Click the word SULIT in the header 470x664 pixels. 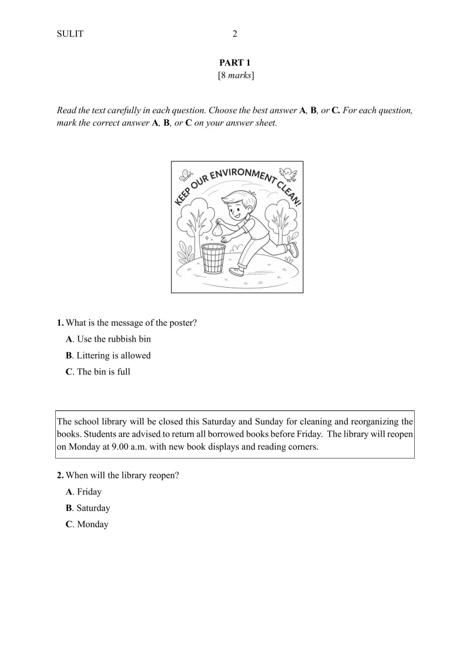point(70,34)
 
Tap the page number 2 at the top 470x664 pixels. point(235,34)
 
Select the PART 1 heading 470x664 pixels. point(235,63)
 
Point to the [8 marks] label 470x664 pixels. point(235,76)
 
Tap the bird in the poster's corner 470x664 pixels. point(288,173)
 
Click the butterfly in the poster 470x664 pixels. point(187,175)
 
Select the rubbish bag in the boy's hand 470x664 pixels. point(217,230)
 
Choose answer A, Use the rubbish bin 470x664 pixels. point(108,339)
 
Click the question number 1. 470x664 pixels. point(60,322)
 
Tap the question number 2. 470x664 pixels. point(60,476)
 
